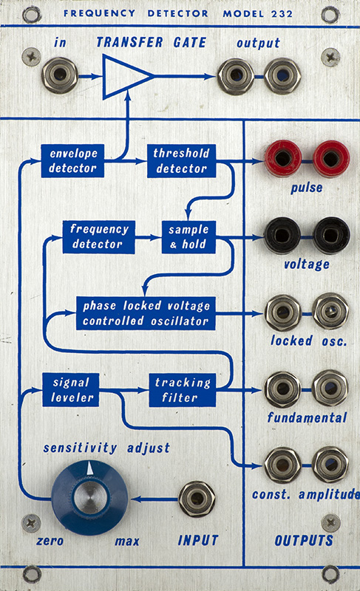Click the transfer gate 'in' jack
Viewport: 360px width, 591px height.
pyautogui.click(x=60, y=75)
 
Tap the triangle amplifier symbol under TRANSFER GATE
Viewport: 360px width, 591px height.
pyautogui.click(x=124, y=77)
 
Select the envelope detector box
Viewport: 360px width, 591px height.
pyautogui.click(x=72, y=160)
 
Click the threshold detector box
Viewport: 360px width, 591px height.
pyautogui.click(x=181, y=160)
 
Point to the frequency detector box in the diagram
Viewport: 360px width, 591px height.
pyautogui.click(x=99, y=236)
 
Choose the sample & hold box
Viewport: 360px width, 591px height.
pyautogui.click(x=189, y=236)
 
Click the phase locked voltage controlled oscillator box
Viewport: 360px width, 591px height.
pyautogui.click(x=146, y=313)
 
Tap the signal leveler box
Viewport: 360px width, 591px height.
pyautogui.click(x=71, y=390)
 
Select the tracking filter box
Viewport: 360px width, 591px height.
pyautogui.click(x=183, y=390)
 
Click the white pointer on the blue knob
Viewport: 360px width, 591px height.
pyautogui.click(x=89, y=468)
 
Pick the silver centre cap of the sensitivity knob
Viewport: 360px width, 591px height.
pyautogui.click(x=89, y=497)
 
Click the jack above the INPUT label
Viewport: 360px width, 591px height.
pyautogui.click(x=197, y=499)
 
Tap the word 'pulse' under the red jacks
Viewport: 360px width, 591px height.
pyautogui.click(x=307, y=188)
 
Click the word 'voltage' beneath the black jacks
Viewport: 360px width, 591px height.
pyautogui.click(x=307, y=264)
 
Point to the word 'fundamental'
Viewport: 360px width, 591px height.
pyautogui.click(x=307, y=417)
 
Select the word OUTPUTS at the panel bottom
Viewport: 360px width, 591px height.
pyautogui.click(x=304, y=541)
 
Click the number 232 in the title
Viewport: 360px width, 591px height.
pyautogui.click(x=282, y=14)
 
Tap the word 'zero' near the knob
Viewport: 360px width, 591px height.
pyautogui.click(x=50, y=542)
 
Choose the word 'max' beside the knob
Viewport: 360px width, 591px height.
pyautogui.click(x=127, y=542)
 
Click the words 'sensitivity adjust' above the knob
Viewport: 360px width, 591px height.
pyautogui.click(x=106, y=448)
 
